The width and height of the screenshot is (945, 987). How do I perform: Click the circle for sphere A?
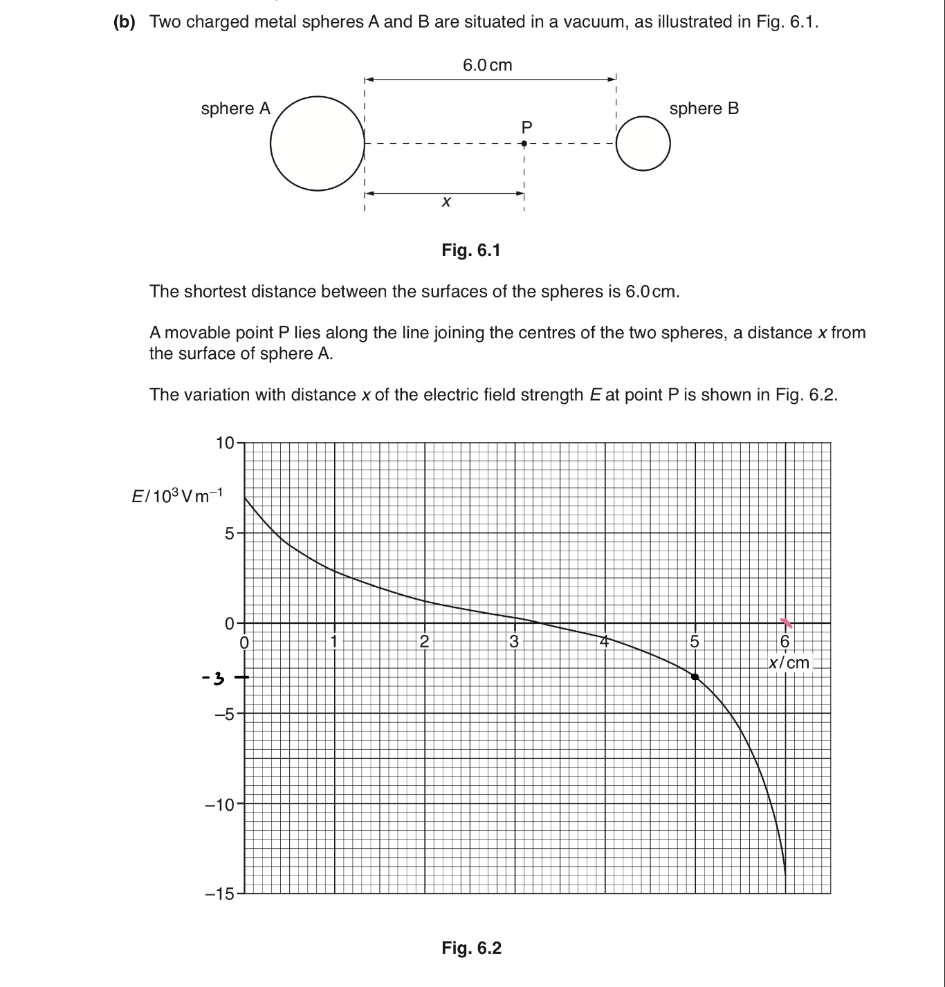(318, 143)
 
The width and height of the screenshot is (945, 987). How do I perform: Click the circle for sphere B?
(643, 144)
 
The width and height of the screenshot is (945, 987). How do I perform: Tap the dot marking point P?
(524, 144)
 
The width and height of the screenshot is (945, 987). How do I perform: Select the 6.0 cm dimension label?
(487, 65)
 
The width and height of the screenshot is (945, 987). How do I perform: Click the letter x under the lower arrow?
(446, 202)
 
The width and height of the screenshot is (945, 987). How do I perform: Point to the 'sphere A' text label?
(235, 109)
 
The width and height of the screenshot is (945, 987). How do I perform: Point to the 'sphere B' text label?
(704, 109)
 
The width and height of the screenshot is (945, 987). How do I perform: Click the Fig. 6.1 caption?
(471, 250)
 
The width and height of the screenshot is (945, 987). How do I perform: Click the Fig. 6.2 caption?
(471, 948)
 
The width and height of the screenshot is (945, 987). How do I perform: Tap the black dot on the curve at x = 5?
(695, 676)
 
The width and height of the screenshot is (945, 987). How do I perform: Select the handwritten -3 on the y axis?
(214, 678)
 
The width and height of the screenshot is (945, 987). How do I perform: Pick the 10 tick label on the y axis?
(225, 443)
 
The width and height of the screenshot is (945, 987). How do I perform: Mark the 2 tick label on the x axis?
(424, 641)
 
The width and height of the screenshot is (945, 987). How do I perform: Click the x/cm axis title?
(789, 663)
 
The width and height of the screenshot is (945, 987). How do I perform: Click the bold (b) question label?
(125, 22)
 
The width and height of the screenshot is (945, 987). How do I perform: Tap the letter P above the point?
(526, 127)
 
